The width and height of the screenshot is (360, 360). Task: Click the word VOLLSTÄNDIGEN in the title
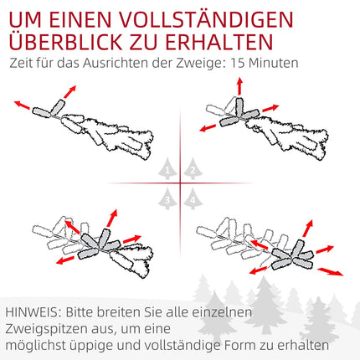tap(207, 19)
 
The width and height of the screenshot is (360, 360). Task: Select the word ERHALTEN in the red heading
tap(219, 42)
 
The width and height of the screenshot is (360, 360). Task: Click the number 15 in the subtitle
tap(237, 63)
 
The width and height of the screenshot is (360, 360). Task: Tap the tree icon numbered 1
tap(167, 168)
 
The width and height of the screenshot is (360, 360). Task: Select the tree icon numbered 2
tap(193, 168)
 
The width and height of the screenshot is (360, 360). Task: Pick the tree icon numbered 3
tap(167, 198)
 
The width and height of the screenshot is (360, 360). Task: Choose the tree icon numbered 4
tap(193, 198)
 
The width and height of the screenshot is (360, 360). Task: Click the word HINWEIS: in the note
tap(33, 312)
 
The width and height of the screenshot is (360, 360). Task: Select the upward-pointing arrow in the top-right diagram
tap(239, 86)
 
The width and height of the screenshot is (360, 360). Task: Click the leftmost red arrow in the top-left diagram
tap(22, 105)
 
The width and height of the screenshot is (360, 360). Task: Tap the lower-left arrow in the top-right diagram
tap(208, 128)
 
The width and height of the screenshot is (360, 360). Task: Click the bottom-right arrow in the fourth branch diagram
tap(331, 271)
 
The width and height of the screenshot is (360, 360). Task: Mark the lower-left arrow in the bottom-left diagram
tap(65, 260)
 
